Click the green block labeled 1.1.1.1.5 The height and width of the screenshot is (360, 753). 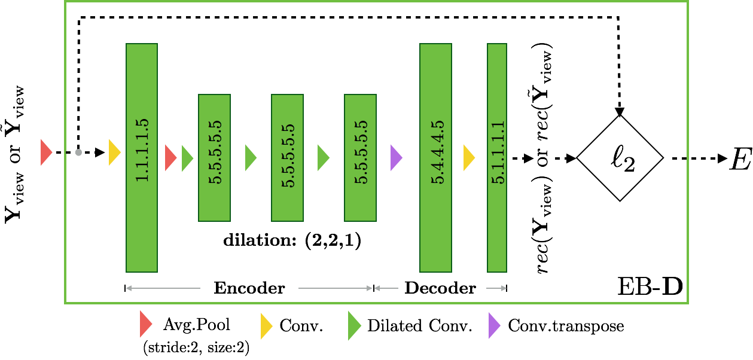click(142, 158)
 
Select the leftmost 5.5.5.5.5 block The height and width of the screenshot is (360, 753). click(214, 158)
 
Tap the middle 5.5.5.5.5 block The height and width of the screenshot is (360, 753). click(287, 158)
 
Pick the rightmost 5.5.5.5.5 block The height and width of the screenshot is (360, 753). click(360, 158)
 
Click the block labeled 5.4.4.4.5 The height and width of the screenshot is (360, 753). click(435, 158)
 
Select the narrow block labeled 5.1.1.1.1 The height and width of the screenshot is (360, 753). click(496, 158)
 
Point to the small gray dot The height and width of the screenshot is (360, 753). click(78, 152)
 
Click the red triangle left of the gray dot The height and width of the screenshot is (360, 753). click(45, 152)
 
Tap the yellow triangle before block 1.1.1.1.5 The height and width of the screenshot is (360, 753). click(114, 152)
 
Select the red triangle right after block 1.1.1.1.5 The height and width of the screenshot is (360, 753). click(170, 158)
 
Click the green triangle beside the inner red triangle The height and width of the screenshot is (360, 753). click(187, 158)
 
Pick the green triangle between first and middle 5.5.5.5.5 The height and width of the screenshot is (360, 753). click(251, 158)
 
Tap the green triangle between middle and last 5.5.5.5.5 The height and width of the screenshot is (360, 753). click(323, 158)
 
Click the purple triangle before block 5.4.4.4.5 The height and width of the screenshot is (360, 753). click(396, 158)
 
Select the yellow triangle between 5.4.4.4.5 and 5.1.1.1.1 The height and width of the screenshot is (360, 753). click(469, 158)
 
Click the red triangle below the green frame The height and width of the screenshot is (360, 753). click(145, 324)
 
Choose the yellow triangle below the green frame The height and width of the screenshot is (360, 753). click(266, 326)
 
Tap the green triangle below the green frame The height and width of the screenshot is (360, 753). click(354, 326)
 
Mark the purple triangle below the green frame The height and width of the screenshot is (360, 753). click(494, 326)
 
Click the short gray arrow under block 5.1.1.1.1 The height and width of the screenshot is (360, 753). click(496, 288)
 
